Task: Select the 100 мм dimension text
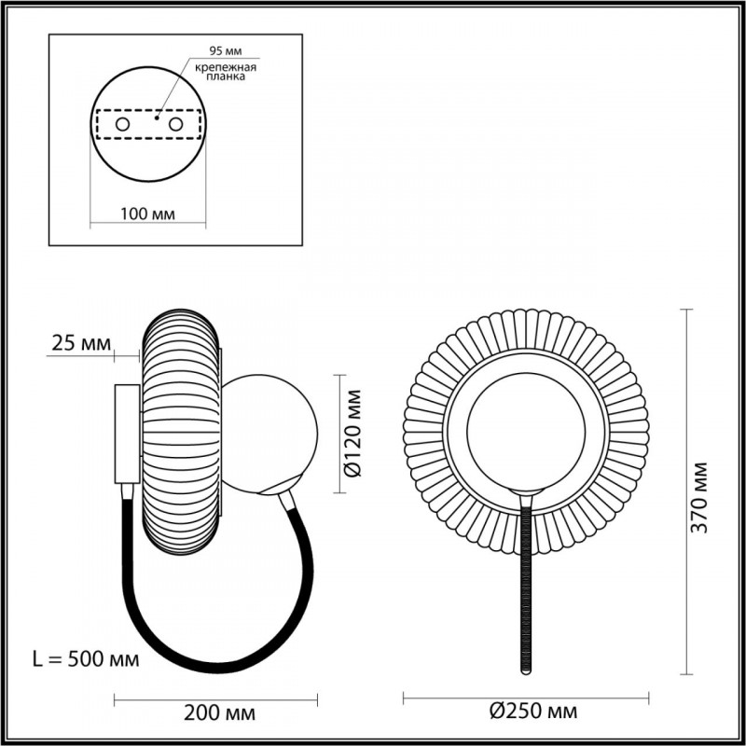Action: pyautogui.click(x=148, y=214)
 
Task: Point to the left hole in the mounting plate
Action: pyautogui.click(x=122, y=124)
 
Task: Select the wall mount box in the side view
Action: pyautogui.click(x=125, y=435)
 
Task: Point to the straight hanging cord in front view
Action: pyautogui.click(x=527, y=587)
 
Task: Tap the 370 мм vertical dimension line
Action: pyautogui.click(x=687, y=491)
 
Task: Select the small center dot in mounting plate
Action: pyautogui.click(x=157, y=118)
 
